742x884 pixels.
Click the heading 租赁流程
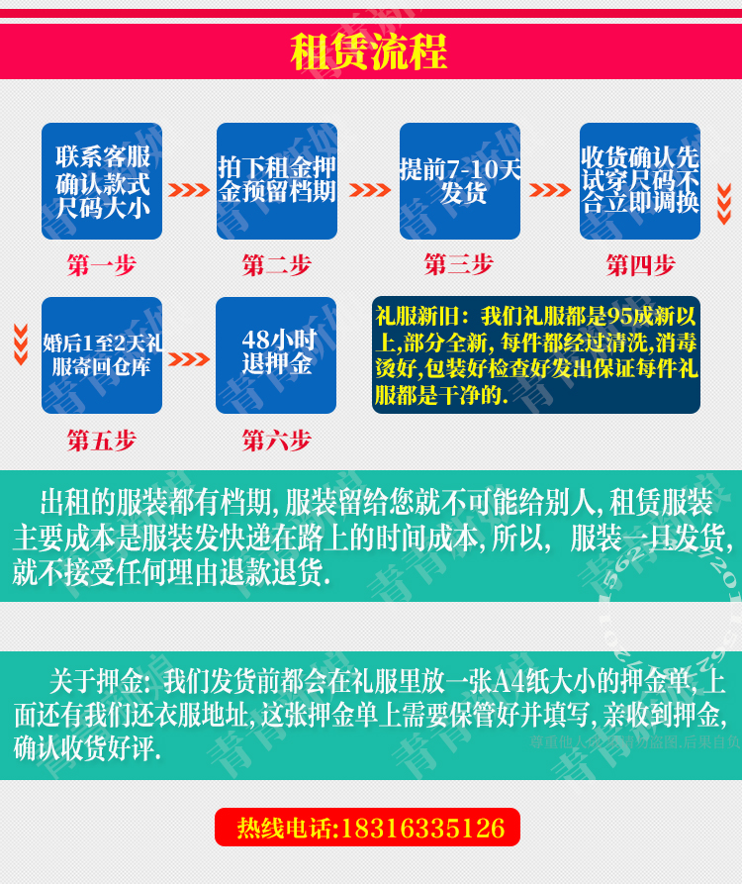369,51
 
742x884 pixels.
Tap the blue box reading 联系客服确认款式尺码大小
102,181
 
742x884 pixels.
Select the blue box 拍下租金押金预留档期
277,181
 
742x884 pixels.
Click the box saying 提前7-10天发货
460,181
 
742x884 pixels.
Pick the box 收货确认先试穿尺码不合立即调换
640,181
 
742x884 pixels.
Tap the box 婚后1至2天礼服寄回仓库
102,355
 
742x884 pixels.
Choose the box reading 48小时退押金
276,355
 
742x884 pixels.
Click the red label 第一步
102,265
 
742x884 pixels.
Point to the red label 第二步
277,265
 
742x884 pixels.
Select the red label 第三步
459,264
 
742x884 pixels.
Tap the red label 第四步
641,265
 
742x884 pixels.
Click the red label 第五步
102,441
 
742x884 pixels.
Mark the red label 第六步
277,441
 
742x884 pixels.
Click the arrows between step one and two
189,190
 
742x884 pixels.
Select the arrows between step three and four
550,190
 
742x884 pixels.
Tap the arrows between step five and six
189,359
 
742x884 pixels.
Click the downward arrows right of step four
724,203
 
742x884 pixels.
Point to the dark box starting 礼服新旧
536,355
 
